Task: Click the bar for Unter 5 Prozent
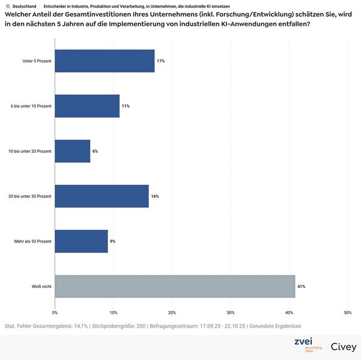point(105,61)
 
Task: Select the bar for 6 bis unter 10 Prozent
point(87,106)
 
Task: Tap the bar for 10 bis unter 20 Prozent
point(72,151)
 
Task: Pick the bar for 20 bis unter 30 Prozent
point(102,196)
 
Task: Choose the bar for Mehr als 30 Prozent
point(81,241)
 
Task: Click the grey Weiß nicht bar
point(175,286)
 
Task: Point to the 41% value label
point(302,287)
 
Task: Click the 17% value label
point(161,61)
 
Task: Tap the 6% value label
point(95,151)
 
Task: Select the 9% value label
point(112,241)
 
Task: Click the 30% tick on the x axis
point(230,313)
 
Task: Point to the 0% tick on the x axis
point(55,313)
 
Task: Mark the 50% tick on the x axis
point(347,313)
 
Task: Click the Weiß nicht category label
point(41,286)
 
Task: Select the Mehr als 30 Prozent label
point(32,241)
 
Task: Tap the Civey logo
point(344,347)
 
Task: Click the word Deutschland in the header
point(24,6)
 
